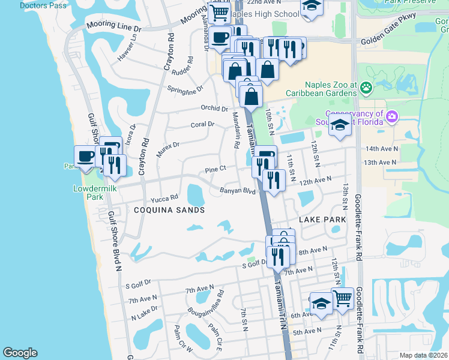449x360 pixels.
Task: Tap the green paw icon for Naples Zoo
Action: coord(366,88)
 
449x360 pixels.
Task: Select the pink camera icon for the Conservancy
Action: coord(392,116)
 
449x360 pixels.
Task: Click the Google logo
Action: coord(20,353)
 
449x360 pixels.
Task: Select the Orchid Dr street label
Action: coord(214,109)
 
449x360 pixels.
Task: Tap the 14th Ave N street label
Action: coord(381,149)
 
